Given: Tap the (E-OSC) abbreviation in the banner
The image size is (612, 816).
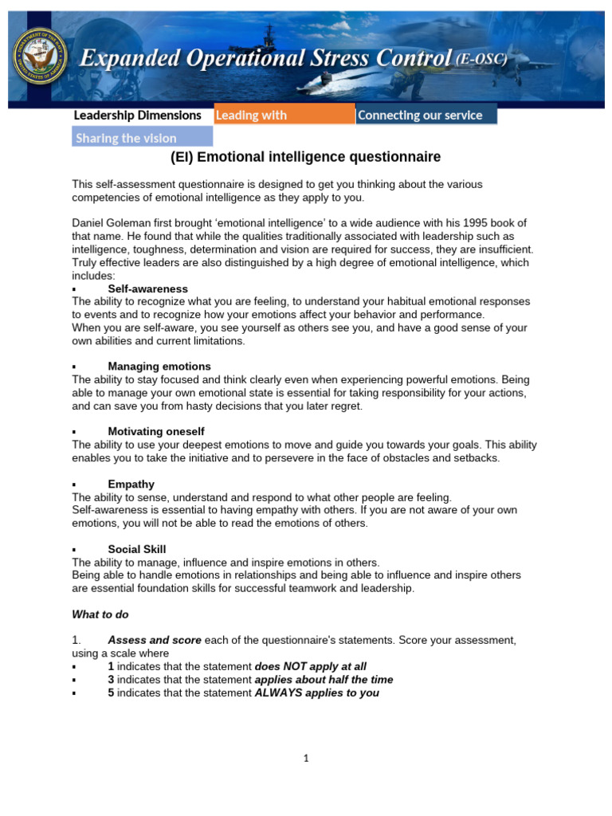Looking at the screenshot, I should click(x=481, y=58).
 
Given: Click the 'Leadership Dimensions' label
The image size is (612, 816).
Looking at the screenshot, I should click(x=137, y=115).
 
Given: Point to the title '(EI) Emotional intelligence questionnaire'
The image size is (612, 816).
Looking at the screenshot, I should click(x=306, y=158).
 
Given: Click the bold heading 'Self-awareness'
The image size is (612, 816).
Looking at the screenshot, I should click(x=147, y=288).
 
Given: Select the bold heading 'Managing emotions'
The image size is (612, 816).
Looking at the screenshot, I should click(x=159, y=366).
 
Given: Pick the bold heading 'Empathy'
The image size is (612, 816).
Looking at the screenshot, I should click(x=131, y=484).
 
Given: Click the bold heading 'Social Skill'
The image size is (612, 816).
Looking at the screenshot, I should click(x=137, y=549).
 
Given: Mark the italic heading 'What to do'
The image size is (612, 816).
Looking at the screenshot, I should click(x=100, y=614).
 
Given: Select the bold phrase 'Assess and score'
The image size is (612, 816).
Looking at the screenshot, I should click(x=154, y=640).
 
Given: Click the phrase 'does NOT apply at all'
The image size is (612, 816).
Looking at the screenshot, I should click(x=310, y=666).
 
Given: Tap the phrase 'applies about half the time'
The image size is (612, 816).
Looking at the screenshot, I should click(x=324, y=680).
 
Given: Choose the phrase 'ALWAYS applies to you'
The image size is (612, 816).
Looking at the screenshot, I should click(x=316, y=692).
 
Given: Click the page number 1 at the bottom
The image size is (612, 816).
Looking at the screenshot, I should click(x=306, y=758).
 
